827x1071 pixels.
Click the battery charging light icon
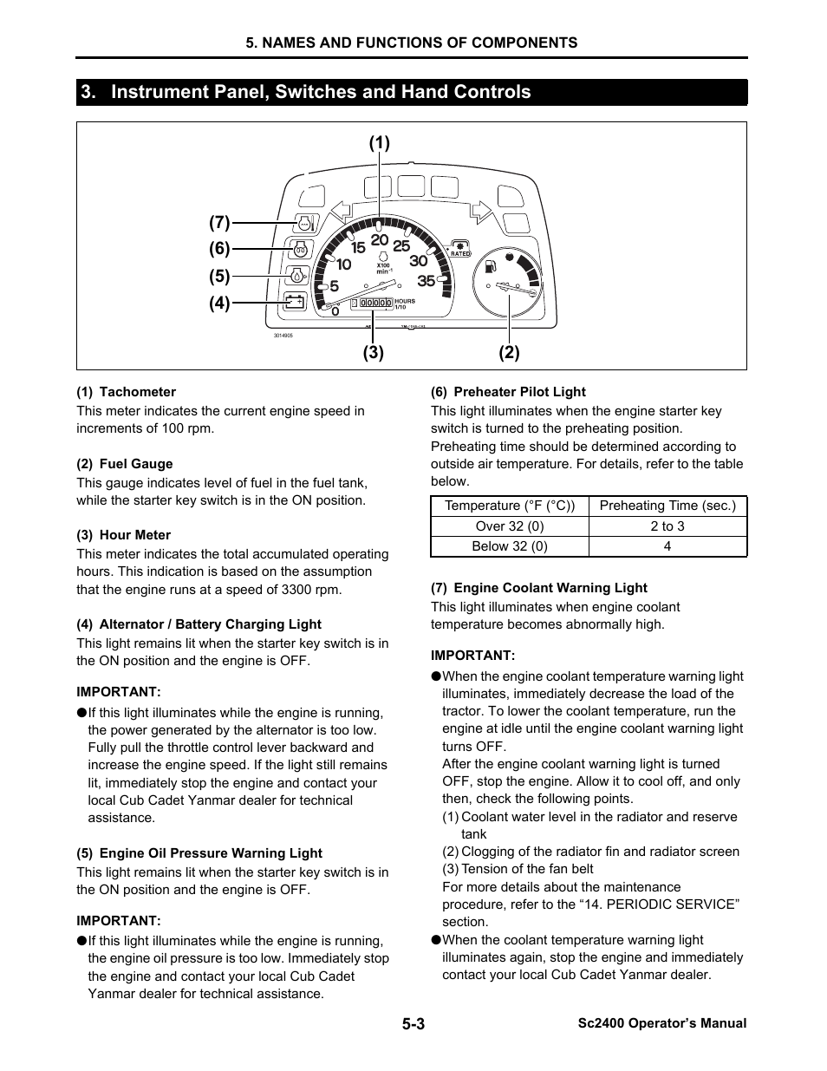click(x=295, y=302)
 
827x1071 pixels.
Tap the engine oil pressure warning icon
click(x=296, y=276)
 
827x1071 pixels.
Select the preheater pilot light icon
click(x=300, y=249)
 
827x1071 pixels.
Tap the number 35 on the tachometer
click(x=426, y=281)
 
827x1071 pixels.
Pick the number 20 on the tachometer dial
click(x=379, y=240)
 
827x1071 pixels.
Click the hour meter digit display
click(x=371, y=303)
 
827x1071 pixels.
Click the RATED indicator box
click(x=460, y=249)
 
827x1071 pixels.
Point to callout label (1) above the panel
click(x=380, y=143)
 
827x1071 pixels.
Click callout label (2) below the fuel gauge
click(x=509, y=352)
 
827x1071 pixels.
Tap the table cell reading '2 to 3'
click(x=667, y=526)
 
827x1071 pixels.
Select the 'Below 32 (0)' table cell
click(x=509, y=546)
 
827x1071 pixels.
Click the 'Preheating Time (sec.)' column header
click(x=667, y=506)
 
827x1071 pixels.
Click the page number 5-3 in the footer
click(x=413, y=1023)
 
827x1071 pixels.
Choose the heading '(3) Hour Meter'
click(x=123, y=535)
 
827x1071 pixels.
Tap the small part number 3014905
click(x=283, y=336)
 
